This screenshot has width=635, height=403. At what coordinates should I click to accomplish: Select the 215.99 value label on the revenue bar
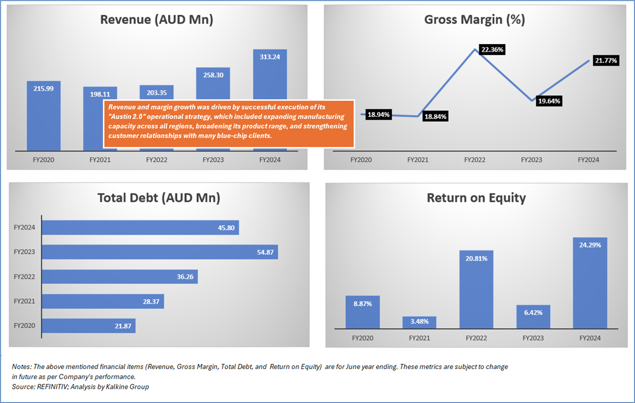(44, 89)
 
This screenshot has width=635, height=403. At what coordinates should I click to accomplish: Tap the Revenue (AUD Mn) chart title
(157, 20)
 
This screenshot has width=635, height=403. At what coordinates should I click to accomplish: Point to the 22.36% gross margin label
(492, 50)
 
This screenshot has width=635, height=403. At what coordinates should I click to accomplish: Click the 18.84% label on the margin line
(436, 117)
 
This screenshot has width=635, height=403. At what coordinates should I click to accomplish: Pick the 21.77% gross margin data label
(606, 60)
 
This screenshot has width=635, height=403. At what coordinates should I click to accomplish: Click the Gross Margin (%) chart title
(474, 20)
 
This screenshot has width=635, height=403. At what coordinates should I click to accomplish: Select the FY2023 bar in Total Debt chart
(159, 252)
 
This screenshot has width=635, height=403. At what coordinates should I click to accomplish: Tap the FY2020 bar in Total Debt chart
(88, 326)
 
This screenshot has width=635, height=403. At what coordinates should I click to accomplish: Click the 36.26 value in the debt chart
(185, 277)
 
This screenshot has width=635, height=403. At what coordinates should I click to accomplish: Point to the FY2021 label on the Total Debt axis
(24, 301)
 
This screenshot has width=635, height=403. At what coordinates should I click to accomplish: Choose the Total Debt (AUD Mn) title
(159, 198)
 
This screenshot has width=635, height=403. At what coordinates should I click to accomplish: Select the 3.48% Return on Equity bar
(419, 322)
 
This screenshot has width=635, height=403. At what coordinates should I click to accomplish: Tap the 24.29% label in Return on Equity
(590, 245)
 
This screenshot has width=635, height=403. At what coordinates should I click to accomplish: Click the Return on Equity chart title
(476, 198)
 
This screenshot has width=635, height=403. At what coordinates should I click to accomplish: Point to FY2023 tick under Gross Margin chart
(531, 160)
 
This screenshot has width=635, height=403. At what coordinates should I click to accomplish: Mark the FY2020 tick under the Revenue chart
(44, 160)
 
